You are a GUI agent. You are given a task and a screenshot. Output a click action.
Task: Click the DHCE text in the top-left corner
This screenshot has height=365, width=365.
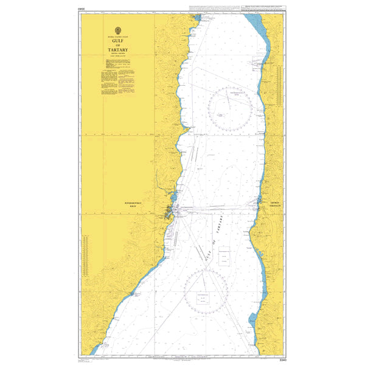tap(82, 10)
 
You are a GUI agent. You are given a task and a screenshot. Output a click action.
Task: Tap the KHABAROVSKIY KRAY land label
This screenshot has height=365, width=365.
tap(132, 206)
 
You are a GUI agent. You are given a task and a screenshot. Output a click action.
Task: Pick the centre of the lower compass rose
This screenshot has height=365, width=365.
tap(206, 291)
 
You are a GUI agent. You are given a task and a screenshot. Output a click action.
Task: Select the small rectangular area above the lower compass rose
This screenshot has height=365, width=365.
tap(225, 256)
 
